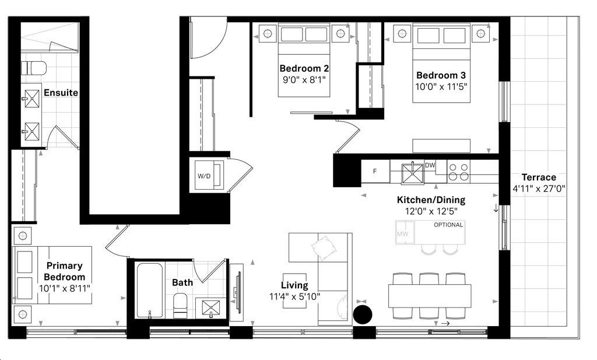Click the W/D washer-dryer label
click(203, 175)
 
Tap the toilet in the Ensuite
click(33, 68)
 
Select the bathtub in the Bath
click(150, 289)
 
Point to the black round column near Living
click(363, 314)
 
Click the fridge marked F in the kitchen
click(375, 172)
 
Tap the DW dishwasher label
click(430, 166)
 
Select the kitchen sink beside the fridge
click(412, 173)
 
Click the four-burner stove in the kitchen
click(458, 171)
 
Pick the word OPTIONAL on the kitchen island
click(448, 225)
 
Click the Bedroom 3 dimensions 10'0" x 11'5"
click(441, 86)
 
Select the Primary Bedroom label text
click(65, 271)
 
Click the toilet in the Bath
click(180, 305)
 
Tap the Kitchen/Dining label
click(431, 200)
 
